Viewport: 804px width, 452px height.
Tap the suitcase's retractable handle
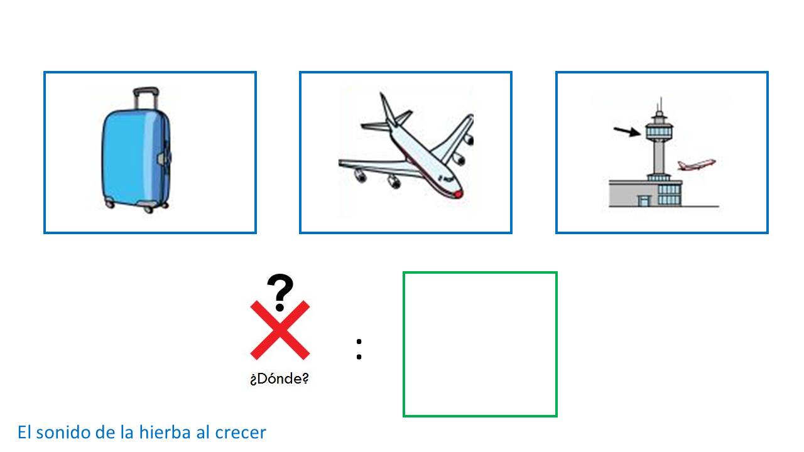pos(146,97)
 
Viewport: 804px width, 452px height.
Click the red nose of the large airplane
pos(459,194)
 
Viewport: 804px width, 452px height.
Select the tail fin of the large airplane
pos(388,109)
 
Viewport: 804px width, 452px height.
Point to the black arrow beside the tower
pos(627,131)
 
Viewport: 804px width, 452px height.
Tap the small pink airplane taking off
pos(697,164)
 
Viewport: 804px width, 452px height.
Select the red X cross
pos(280,330)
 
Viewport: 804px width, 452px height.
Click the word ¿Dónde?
pos(280,379)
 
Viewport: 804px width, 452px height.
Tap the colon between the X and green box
pos(359,349)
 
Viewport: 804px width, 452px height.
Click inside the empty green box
pos(480,345)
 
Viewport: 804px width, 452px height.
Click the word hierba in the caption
pos(165,432)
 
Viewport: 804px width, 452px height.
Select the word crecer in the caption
pos(241,434)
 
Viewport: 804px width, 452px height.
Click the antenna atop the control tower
pos(660,105)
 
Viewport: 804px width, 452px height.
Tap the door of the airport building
pos(644,200)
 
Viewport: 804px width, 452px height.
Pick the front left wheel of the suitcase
pos(109,205)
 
